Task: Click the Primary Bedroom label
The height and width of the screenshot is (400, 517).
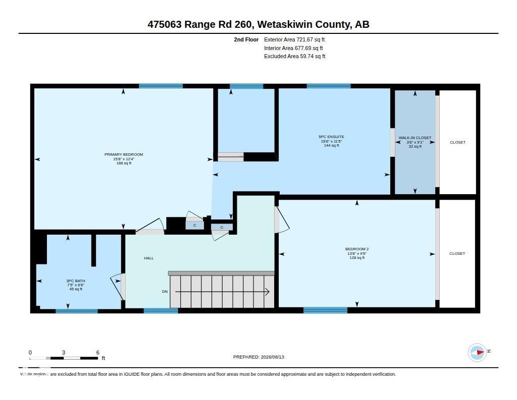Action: pyautogui.click(x=124, y=154)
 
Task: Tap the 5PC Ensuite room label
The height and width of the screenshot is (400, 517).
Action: pyautogui.click(x=331, y=137)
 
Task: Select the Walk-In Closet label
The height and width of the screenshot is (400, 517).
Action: pyautogui.click(x=415, y=138)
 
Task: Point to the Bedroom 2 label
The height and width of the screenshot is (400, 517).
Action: pyautogui.click(x=357, y=249)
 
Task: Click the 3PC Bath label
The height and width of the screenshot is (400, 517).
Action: pyautogui.click(x=76, y=281)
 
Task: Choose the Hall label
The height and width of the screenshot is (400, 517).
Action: pyautogui.click(x=149, y=258)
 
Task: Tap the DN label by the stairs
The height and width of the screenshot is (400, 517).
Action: pyautogui.click(x=165, y=291)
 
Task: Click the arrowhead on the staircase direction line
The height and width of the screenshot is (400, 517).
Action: pyautogui.click(x=268, y=292)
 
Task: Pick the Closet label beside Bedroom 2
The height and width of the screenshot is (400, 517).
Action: pyautogui.click(x=457, y=253)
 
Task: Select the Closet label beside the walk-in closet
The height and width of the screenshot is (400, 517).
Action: pyautogui.click(x=457, y=143)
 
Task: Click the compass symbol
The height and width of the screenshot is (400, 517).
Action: pyautogui.click(x=477, y=352)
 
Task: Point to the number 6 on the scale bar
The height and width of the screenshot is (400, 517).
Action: pyautogui.click(x=97, y=352)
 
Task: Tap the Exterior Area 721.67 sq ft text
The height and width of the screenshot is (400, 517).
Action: pyautogui.click(x=294, y=39)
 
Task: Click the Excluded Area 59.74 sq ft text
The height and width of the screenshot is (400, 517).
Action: pyautogui.click(x=294, y=57)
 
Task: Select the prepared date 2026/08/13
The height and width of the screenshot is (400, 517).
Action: pyautogui.click(x=272, y=357)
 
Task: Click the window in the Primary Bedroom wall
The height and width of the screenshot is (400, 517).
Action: pyautogui.click(x=161, y=86)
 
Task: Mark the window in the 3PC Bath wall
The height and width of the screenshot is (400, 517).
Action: pyautogui.click(x=77, y=311)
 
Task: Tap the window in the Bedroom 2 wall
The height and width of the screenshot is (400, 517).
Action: pyautogui.click(x=326, y=310)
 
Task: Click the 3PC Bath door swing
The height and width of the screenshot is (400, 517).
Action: pyautogui.click(x=118, y=286)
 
